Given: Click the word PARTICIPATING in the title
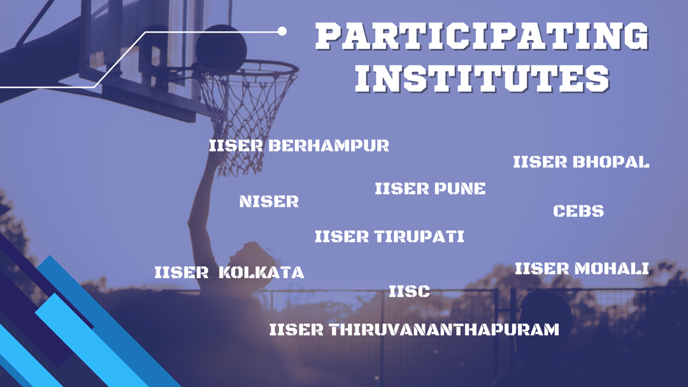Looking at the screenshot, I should pyautogui.click(x=482, y=37).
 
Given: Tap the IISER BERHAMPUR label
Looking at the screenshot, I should pyautogui.click(x=299, y=146).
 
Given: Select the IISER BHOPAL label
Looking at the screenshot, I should pyautogui.click(x=581, y=162).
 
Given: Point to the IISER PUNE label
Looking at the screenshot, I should pyautogui.click(x=430, y=189).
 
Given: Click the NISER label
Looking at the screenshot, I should pyautogui.click(x=269, y=202).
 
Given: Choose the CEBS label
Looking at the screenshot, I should pyautogui.click(x=578, y=211).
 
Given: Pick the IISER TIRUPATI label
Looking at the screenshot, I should pyautogui.click(x=389, y=237).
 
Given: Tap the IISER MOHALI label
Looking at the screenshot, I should pyautogui.click(x=582, y=269).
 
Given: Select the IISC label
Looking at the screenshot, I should pyautogui.click(x=409, y=292).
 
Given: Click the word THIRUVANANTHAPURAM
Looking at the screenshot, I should pyautogui.click(x=444, y=330).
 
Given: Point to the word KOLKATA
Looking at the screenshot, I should pyautogui.click(x=262, y=273).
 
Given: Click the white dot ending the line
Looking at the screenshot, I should pyautogui.click(x=282, y=31).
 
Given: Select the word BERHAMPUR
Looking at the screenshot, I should pyautogui.click(x=328, y=146).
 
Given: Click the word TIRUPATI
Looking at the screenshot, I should pyautogui.click(x=419, y=237).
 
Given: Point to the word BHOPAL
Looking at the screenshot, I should pyautogui.click(x=611, y=162).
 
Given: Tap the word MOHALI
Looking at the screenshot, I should pyautogui.click(x=612, y=269).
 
